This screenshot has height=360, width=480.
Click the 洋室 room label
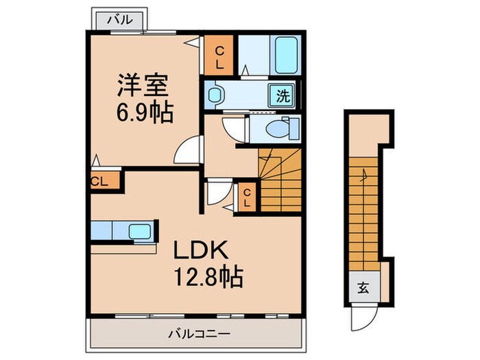point(143,87)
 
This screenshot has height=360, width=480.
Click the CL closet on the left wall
point(101,181)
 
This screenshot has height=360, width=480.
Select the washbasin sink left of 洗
point(217,95)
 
